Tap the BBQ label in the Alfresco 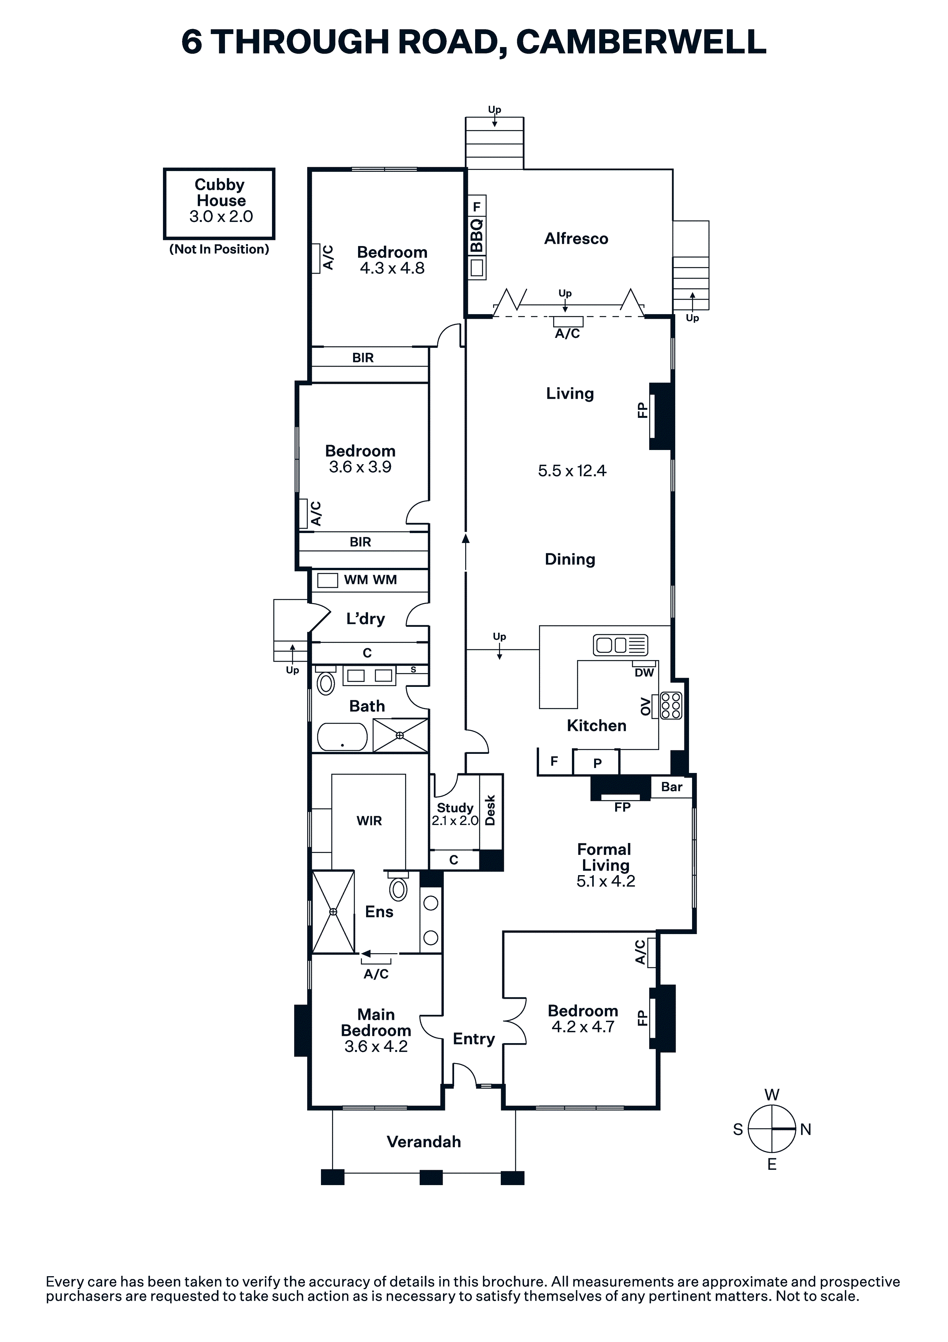[x=477, y=236]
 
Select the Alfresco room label [x=576, y=238]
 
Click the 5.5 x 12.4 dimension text [x=572, y=471]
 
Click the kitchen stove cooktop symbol [x=670, y=706]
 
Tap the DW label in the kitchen [x=644, y=673]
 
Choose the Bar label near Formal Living [x=671, y=787]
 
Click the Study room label [x=455, y=808]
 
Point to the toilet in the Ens [x=399, y=887]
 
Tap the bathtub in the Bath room [x=342, y=737]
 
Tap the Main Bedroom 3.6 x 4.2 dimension [x=376, y=1046]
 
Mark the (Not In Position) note [x=219, y=249]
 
